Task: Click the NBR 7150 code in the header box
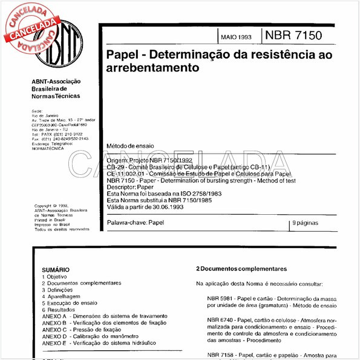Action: tap(297, 34)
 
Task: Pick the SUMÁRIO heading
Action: tap(56, 269)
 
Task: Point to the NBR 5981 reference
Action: tap(220, 299)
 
